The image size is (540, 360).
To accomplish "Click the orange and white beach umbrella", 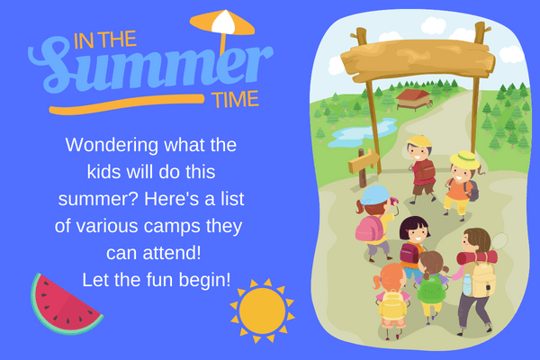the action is click(x=222, y=28).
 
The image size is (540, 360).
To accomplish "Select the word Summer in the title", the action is click(x=150, y=67).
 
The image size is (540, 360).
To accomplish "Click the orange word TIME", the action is click(x=235, y=100).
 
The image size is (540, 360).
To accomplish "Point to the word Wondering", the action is click(x=112, y=146).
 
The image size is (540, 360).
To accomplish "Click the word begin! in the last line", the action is click(x=204, y=280).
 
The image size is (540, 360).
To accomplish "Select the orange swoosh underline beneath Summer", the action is click(x=127, y=103).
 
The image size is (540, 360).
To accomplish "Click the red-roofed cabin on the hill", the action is click(x=414, y=99).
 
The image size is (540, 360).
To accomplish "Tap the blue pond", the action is click(x=362, y=132).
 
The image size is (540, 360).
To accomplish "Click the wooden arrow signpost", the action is click(x=364, y=166).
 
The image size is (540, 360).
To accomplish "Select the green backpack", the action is click(x=431, y=289).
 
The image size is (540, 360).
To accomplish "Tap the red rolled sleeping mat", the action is click(x=477, y=257).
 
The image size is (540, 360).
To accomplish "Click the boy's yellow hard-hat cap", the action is click(x=419, y=141).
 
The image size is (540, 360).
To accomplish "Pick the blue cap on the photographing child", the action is click(x=375, y=195).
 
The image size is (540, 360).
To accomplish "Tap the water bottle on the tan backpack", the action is click(x=467, y=284).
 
